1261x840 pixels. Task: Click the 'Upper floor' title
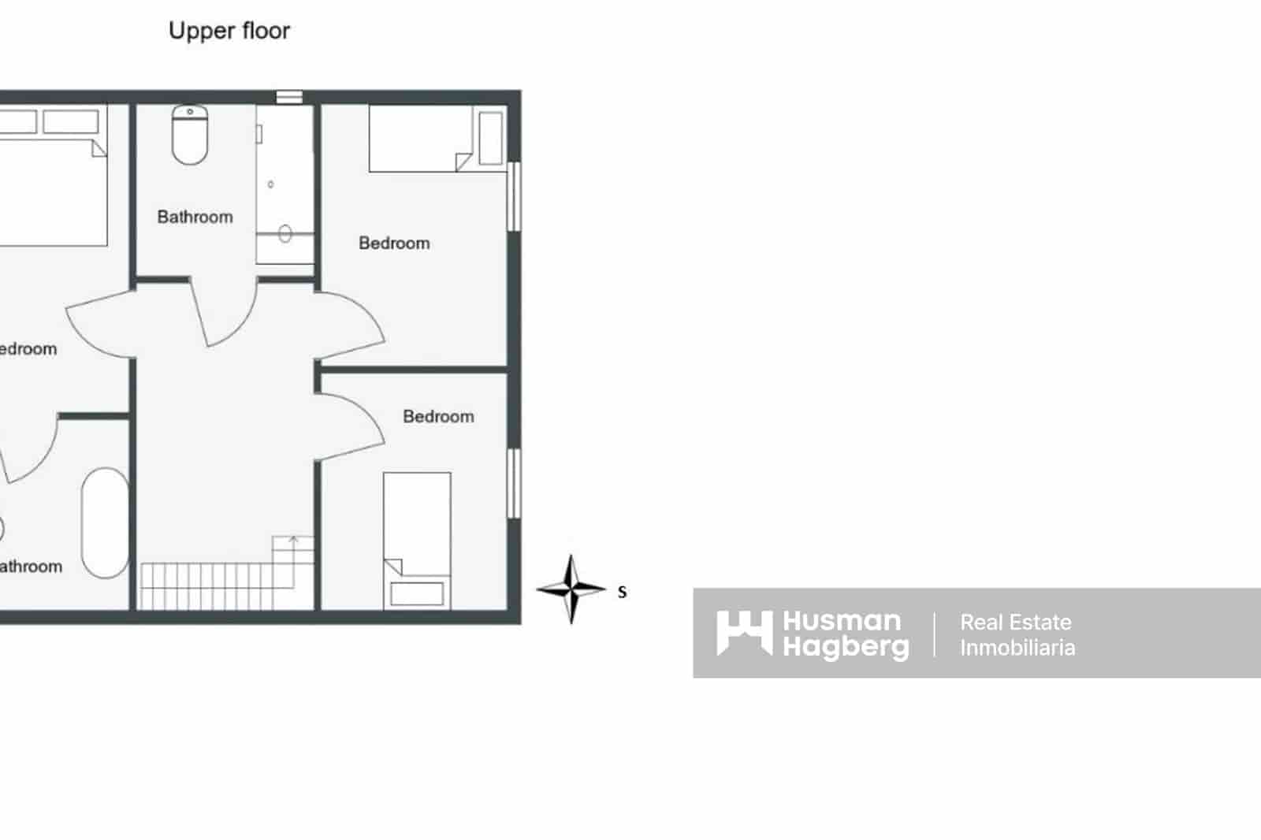pos(229,32)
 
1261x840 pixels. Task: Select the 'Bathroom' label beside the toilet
pos(195,217)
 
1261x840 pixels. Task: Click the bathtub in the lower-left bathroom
pos(105,523)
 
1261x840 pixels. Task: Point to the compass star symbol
pos(571,589)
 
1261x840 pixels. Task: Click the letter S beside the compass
pos(622,593)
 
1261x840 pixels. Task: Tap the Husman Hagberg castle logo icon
pos(743,633)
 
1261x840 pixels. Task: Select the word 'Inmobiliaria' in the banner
pos(1017,648)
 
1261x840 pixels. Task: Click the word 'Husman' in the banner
pos(841,621)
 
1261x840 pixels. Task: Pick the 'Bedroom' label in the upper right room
pos(394,243)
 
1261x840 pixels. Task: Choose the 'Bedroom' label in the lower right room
pos(438,417)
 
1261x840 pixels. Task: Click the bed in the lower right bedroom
pos(417,539)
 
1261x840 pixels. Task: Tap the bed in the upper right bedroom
pos(421,139)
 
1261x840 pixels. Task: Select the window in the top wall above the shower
pos(289,97)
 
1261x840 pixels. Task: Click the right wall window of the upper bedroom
pos(514,196)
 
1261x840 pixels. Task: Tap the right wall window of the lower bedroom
pos(514,483)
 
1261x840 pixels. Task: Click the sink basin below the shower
pos(285,233)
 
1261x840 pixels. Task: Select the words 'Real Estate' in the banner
pos(1015,623)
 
